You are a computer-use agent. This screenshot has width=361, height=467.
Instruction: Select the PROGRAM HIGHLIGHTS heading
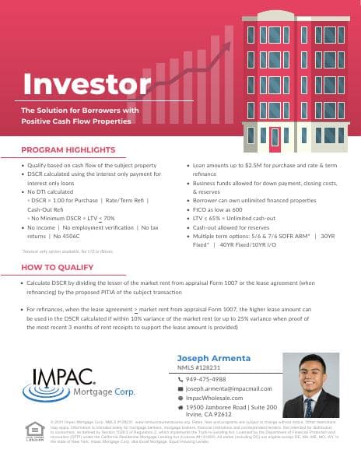click(x=68, y=149)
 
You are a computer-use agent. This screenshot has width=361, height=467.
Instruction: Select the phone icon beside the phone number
click(x=180, y=379)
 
